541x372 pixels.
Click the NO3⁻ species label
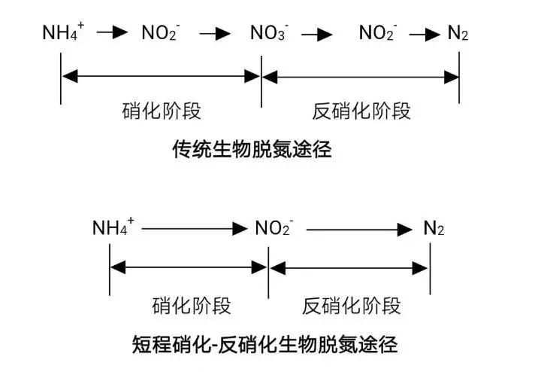click(268, 34)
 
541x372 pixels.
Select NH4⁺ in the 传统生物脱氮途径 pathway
click(63, 32)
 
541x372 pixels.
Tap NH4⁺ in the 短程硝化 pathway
click(113, 227)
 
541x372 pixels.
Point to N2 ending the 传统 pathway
click(458, 34)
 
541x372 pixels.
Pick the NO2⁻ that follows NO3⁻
click(378, 34)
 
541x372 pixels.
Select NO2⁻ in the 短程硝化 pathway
click(273, 228)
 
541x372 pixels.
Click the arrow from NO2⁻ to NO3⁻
click(215, 34)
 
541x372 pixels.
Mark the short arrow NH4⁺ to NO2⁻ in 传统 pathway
click(113, 34)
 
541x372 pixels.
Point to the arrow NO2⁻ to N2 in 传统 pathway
click(426, 34)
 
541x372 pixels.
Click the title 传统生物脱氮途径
click(252, 149)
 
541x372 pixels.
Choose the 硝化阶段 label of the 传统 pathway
click(162, 111)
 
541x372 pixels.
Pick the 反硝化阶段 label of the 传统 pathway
click(361, 111)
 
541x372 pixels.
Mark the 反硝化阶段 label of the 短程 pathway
click(352, 306)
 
